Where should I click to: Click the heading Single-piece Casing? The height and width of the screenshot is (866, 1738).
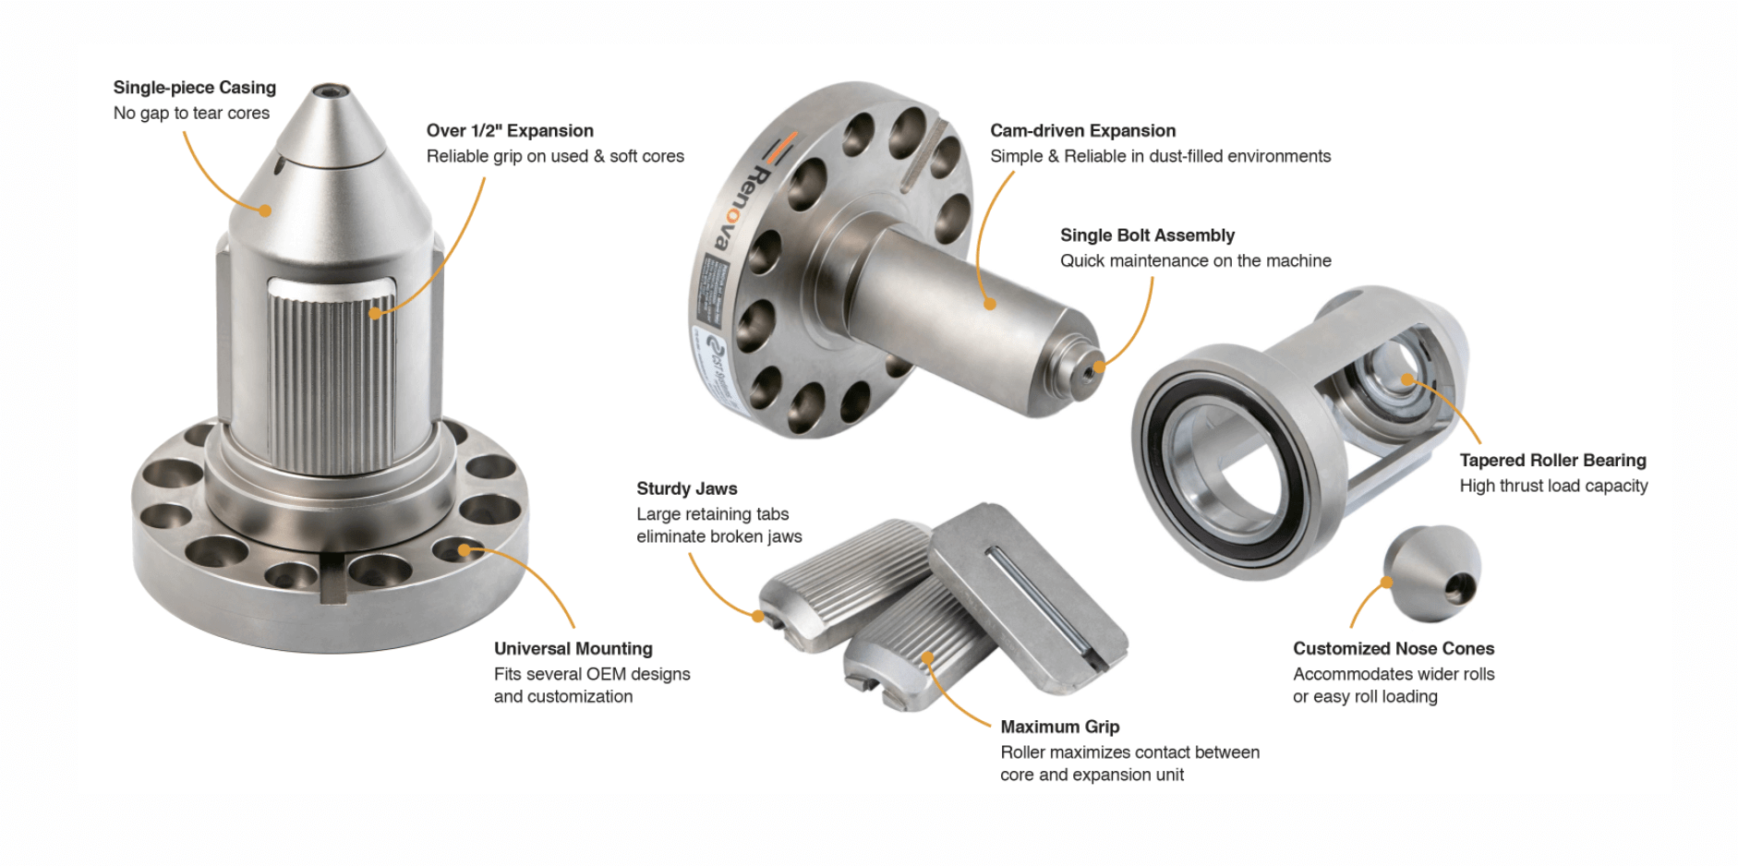pyautogui.click(x=194, y=88)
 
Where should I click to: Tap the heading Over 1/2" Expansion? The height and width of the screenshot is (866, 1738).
pyautogui.click(x=510, y=131)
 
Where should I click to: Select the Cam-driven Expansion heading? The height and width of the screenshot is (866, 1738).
pyautogui.click(x=1082, y=131)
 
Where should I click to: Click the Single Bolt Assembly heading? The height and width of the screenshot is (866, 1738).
pyautogui.click(x=1147, y=235)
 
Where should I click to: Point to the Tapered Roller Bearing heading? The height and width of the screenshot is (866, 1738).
pyautogui.click(x=1552, y=461)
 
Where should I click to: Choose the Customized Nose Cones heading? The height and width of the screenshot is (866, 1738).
pyautogui.click(x=1393, y=649)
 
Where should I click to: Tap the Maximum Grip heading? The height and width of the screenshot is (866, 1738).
pyautogui.click(x=1059, y=728)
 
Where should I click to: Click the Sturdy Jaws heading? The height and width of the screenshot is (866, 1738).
pyautogui.click(x=686, y=489)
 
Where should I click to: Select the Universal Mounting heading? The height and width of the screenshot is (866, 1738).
pyautogui.click(x=573, y=649)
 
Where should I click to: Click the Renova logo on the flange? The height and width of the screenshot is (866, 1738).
pyautogui.click(x=742, y=203)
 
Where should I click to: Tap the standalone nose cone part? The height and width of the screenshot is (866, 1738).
pyautogui.click(x=1432, y=572)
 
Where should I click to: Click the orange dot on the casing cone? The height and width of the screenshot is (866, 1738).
pyautogui.click(x=266, y=210)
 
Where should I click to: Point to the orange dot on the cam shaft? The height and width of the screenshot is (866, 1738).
pyautogui.click(x=989, y=304)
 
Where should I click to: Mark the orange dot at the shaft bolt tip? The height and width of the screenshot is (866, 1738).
pyautogui.click(x=1098, y=367)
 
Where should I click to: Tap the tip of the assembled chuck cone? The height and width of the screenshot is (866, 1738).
pyautogui.click(x=328, y=92)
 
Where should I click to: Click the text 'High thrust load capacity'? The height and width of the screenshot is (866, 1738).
pyautogui.click(x=1552, y=487)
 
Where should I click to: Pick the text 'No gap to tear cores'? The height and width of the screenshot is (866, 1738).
pyautogui.click(x=191, y=114)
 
